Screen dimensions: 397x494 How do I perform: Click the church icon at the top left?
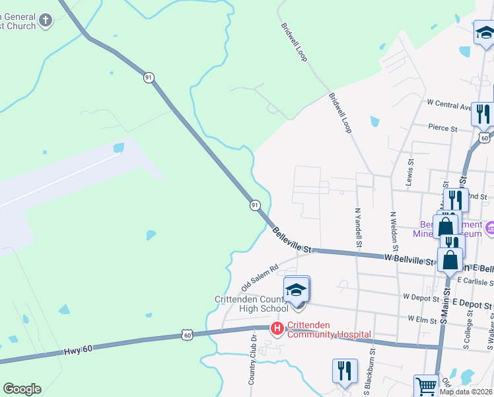point(45,21)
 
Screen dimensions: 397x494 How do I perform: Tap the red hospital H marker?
point(277,328)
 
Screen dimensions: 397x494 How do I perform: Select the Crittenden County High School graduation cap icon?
point(297,290)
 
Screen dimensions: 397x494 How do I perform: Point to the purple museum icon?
point(489,228)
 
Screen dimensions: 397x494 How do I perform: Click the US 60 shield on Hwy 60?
point(188,335)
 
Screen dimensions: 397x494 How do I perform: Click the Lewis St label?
point(411,171)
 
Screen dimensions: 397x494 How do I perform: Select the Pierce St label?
point(442,127)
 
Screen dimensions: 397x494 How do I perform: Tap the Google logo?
point(22,389)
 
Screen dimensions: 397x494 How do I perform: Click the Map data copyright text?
point(466,392)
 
